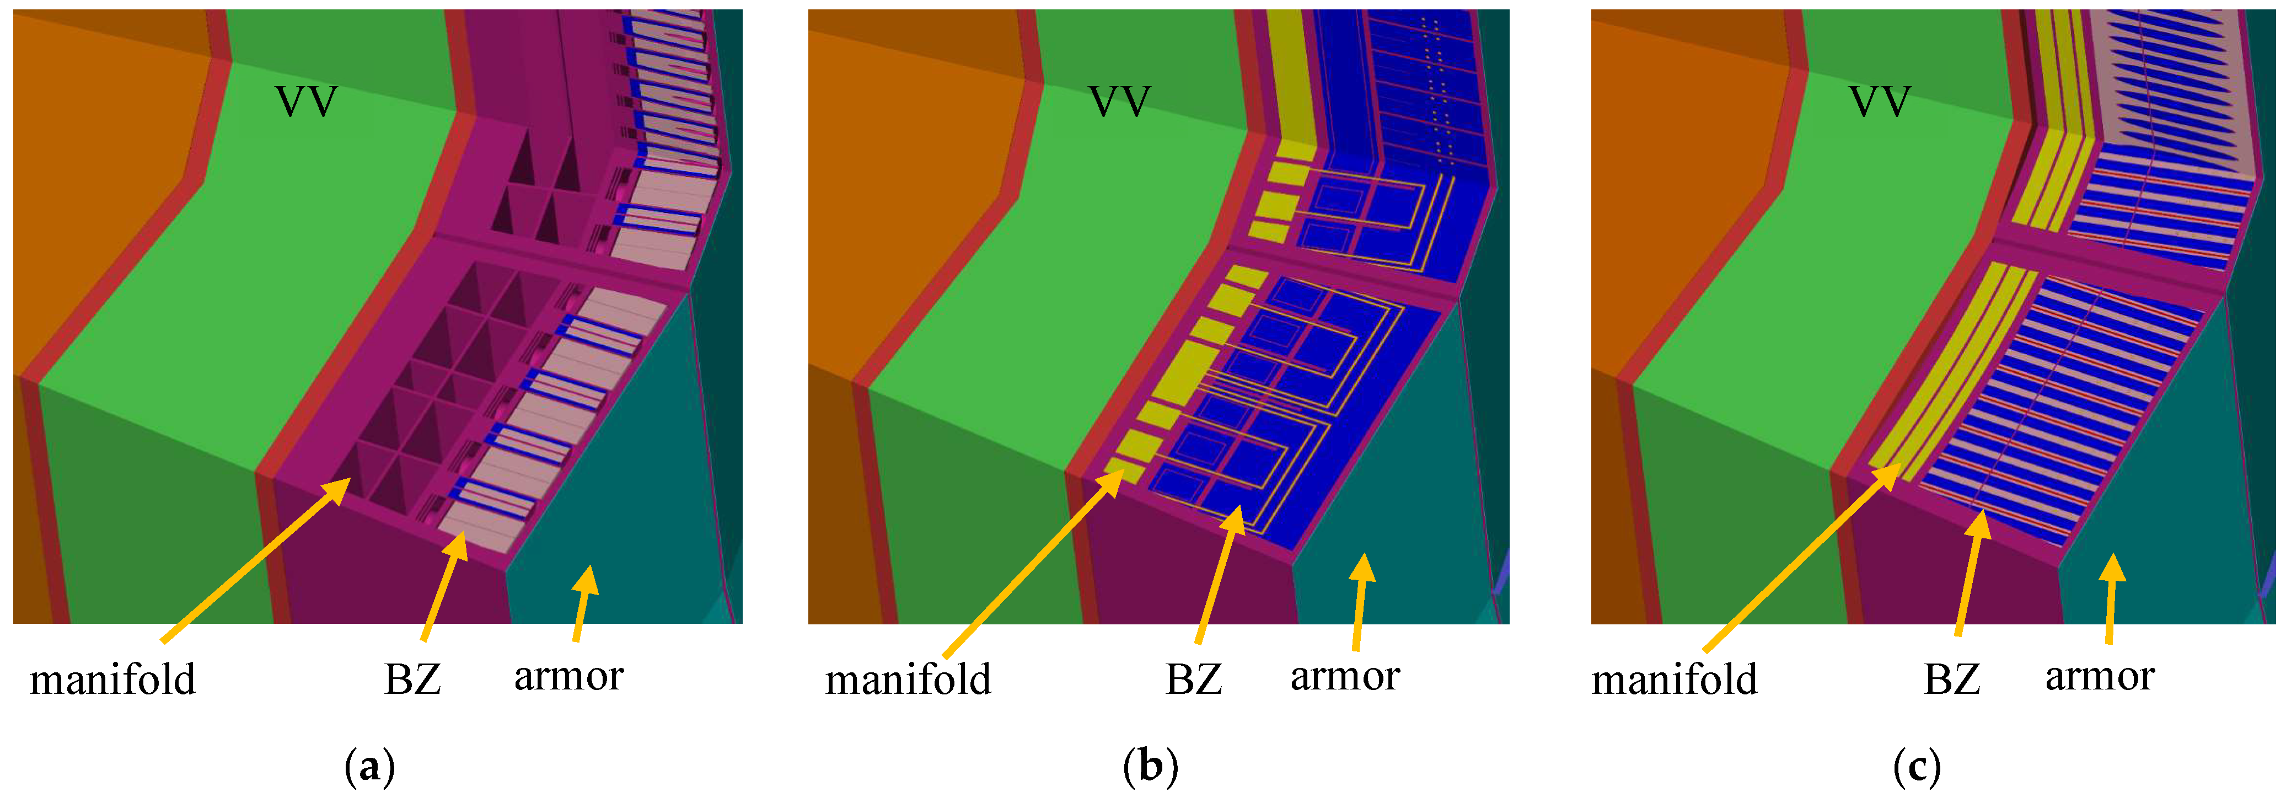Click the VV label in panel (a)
point(306,102)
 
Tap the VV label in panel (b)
point(1119,102)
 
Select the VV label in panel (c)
point(1880,102)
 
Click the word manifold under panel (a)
point(112,680)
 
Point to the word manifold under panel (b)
point(908,680)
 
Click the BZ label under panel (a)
point(412,680)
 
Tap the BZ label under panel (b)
point(1194,680)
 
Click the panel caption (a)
point(369,765)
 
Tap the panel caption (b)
point(1150,765)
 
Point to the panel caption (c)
point(1917,765)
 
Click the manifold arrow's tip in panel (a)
point(350,479)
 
